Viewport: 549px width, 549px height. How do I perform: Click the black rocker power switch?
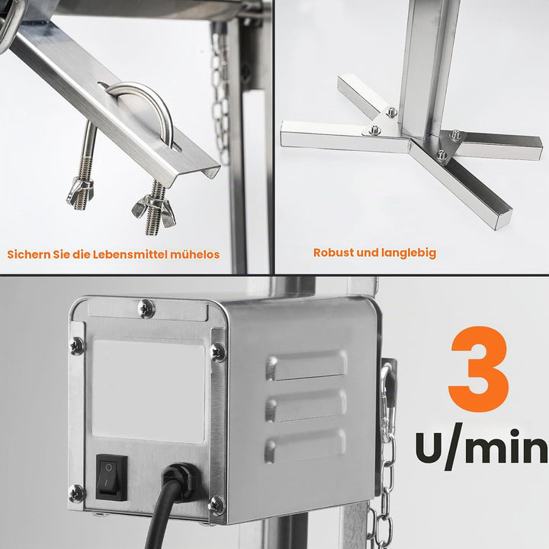pyautogui.click(x=111, y=477)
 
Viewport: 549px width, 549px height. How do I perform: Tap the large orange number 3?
pyautogui.click(x=479, y=370)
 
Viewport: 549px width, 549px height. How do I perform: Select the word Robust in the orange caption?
pyautogui.click(x=333, y=252)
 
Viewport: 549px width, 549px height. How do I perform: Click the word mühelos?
pyautogui.click(x=194, y=254)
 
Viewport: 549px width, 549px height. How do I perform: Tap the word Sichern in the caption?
pyautogui.click(x=29, y=254)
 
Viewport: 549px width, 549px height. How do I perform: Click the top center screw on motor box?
pyautogui.click(x=146, y=308)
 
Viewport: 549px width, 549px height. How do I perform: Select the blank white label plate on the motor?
pyautogui.click(x=149, y=391)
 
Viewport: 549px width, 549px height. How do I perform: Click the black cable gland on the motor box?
pyautogui.click(x=178, y=478)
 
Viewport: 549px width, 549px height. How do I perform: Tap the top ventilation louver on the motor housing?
pyautogui.click(x=307, y=365)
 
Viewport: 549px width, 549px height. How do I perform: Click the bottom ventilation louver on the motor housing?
pyautogui.click(x=305, y=446)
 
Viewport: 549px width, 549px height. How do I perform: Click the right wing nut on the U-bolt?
pyautogui.click(x=154, y=212)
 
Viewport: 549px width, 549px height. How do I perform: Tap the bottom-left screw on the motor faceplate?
pyautogui.click(x=76, y=493)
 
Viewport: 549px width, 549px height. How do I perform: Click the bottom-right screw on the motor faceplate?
pyautogui.click(x=217, y=506)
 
